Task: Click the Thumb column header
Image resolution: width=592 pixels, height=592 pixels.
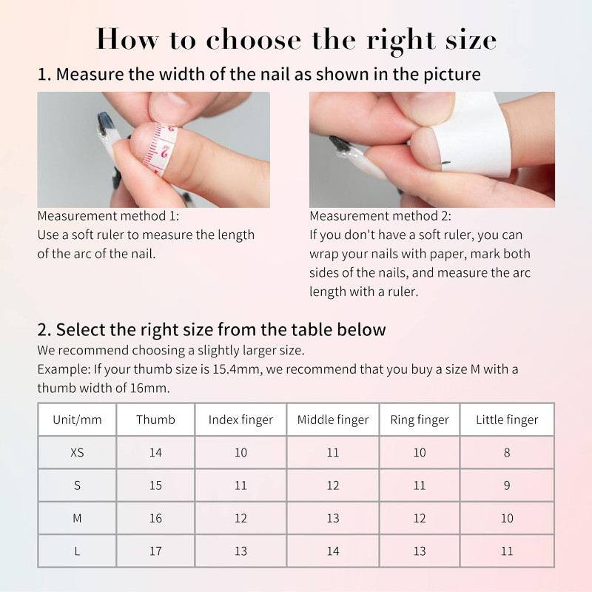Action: click(x=155, y=420)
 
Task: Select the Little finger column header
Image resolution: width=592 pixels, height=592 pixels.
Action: click(x=507, y=420)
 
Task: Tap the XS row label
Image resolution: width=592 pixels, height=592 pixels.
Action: click(x=77, y=452)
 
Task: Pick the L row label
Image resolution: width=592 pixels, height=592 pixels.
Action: click(x=77, y=551)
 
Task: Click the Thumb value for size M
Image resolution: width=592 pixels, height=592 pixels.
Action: click(x=155, y=519)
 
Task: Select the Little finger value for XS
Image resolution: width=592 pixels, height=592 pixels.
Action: click(x=507, y=452)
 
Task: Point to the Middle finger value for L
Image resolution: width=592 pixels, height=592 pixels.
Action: click(x=332, y=551)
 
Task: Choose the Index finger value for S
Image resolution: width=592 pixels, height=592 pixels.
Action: click(x=241, y=485)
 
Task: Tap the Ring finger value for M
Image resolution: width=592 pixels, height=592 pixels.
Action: click(x=420, y=519)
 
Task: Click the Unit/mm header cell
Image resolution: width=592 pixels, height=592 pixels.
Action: click(x=77, y=420)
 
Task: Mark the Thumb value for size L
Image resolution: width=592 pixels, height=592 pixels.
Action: click(x=155, y=551)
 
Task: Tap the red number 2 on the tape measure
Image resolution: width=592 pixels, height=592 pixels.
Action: click(x=164, y=152)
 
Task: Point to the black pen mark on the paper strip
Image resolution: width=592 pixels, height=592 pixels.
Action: click(x=446, y=163)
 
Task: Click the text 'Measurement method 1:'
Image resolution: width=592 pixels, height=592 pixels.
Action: click(x=108, y=216)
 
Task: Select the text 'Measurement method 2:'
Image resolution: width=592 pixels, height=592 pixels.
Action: click(x=380, y=216)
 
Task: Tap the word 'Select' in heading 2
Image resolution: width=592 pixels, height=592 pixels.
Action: click(x=80, y=329)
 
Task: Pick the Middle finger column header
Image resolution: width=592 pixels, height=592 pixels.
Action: click(x=332, y=420)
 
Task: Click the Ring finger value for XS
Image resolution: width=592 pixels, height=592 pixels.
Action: click(x=420, y=452)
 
